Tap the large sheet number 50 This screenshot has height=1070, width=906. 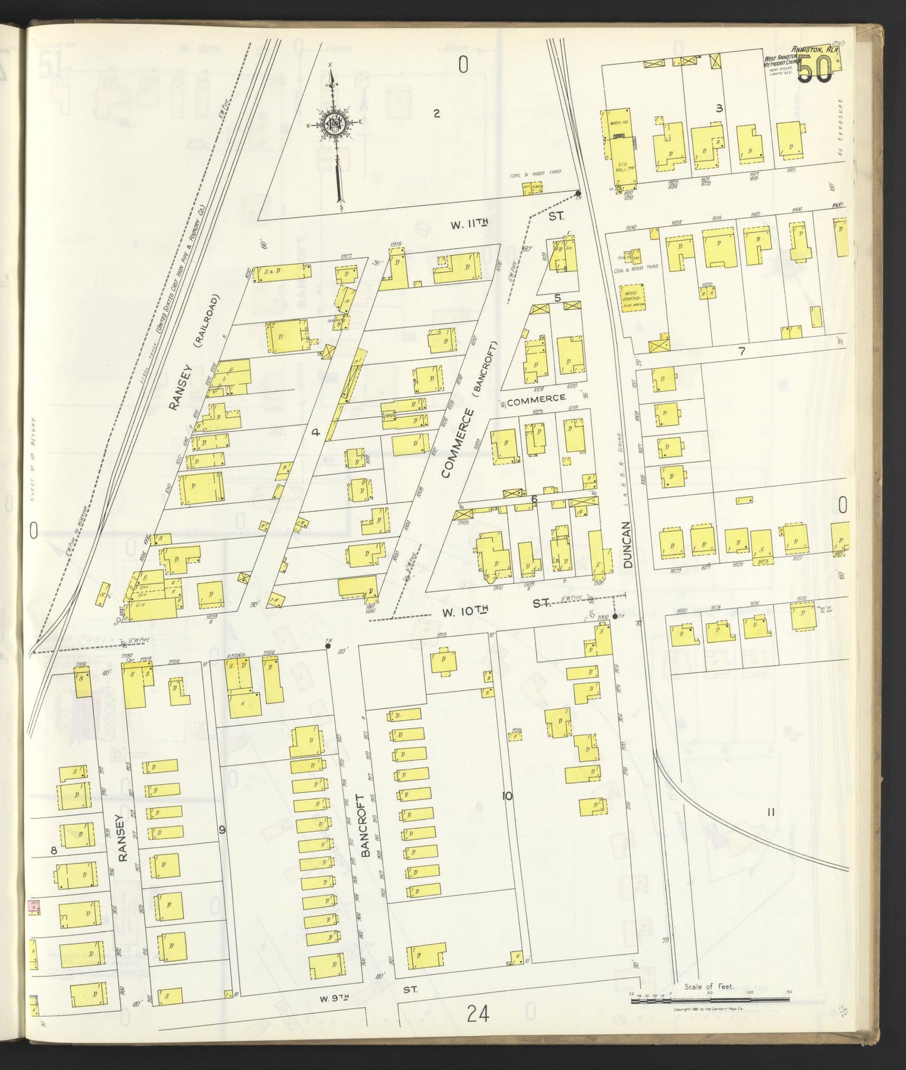[815, 70]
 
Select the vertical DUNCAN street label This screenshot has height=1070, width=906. [628, 545]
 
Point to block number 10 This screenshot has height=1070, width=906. [507, 796]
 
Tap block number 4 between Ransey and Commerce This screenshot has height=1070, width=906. [316, 431]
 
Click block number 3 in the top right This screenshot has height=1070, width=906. [719, 108]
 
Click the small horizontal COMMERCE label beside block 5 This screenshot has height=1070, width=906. [536, 398]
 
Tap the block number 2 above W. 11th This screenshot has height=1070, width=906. [437, 113]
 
